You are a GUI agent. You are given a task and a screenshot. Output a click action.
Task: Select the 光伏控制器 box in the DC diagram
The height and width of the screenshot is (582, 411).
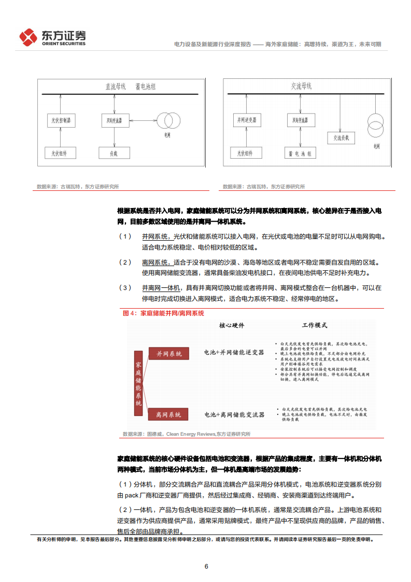pyautogui.click(x=61, y=121)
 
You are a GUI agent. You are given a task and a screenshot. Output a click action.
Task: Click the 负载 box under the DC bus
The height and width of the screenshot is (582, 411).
pyautogui.click(x=114, y=153)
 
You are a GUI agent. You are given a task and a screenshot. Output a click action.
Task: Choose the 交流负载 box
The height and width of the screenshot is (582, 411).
pyautogui.click(x=341, y=137)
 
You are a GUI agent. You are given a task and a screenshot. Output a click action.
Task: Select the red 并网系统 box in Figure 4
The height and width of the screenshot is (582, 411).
pyautogui.click(x=169, y=353)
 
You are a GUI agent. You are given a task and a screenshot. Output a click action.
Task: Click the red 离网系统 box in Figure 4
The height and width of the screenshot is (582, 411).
pyautogui.click(x=169, y=414)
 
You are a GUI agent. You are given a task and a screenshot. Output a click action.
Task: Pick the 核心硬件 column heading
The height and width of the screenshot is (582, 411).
pyautogui.click(x=231, y=326)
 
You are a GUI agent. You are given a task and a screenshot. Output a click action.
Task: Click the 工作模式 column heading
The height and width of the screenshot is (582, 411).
pyautogui.click(x=315, y=326)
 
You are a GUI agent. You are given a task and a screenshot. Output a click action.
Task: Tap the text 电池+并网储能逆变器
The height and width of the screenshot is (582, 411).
pyautogui.click(x=234, y=353)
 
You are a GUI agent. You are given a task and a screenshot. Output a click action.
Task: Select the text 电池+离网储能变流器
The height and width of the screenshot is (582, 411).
pyautogui.click(x=234, y=414)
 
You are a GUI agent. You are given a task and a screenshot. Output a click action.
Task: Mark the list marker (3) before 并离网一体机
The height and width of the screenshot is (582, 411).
pyautogui.click(x=125, y=287)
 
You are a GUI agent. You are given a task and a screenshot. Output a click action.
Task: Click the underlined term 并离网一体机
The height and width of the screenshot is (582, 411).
pyautogui.click(x=161, y=287)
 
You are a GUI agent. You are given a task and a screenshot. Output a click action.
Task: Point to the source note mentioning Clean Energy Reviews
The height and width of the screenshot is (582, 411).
pyautogui.click(x=187, y=434)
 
